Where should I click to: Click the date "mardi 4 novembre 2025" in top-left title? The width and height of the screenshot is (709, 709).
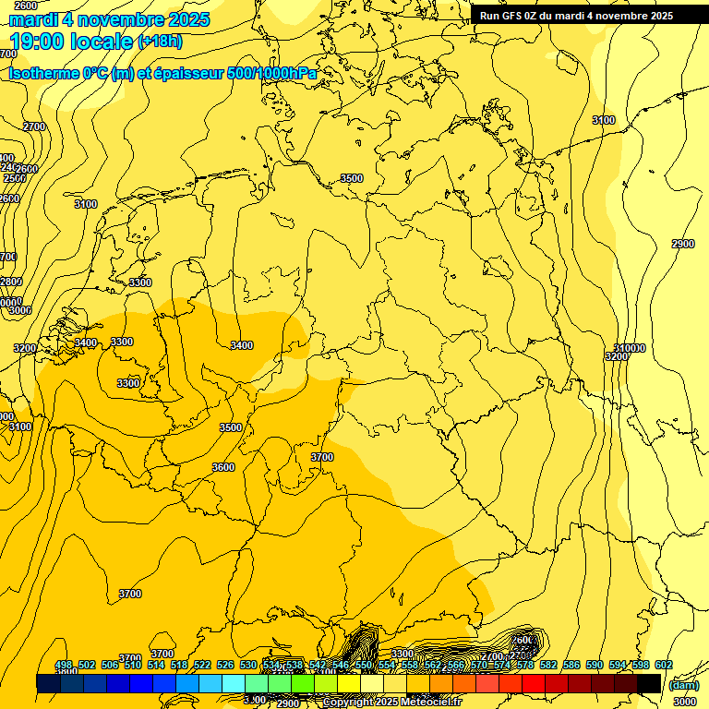click(109, 19)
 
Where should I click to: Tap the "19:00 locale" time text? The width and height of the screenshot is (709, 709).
click(71, 41)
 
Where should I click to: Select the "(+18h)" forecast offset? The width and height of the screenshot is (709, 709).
click(160, 42)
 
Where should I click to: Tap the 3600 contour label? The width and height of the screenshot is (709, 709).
click(223, 467)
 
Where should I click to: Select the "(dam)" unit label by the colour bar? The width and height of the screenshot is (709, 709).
click(684, 685)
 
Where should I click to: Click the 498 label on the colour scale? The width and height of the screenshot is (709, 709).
click(64, 666)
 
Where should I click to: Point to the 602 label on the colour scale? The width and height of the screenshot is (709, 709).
click(664, 666)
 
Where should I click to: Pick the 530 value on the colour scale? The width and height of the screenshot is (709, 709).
click(248, 666)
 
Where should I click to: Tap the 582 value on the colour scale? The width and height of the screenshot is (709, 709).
click(548, 666)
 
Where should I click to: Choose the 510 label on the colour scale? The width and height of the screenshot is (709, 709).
click(133, 666)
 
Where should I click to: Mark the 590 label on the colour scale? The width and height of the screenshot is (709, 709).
click(595, 666)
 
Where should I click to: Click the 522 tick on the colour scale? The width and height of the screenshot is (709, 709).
click(202, 666)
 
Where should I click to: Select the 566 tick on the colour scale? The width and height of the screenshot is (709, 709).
click(456, 666)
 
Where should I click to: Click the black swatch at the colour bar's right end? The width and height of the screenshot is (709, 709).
click(649, 683)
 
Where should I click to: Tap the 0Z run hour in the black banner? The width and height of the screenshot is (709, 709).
click(531, 15)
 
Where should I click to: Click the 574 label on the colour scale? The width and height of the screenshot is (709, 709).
click(502, 666)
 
